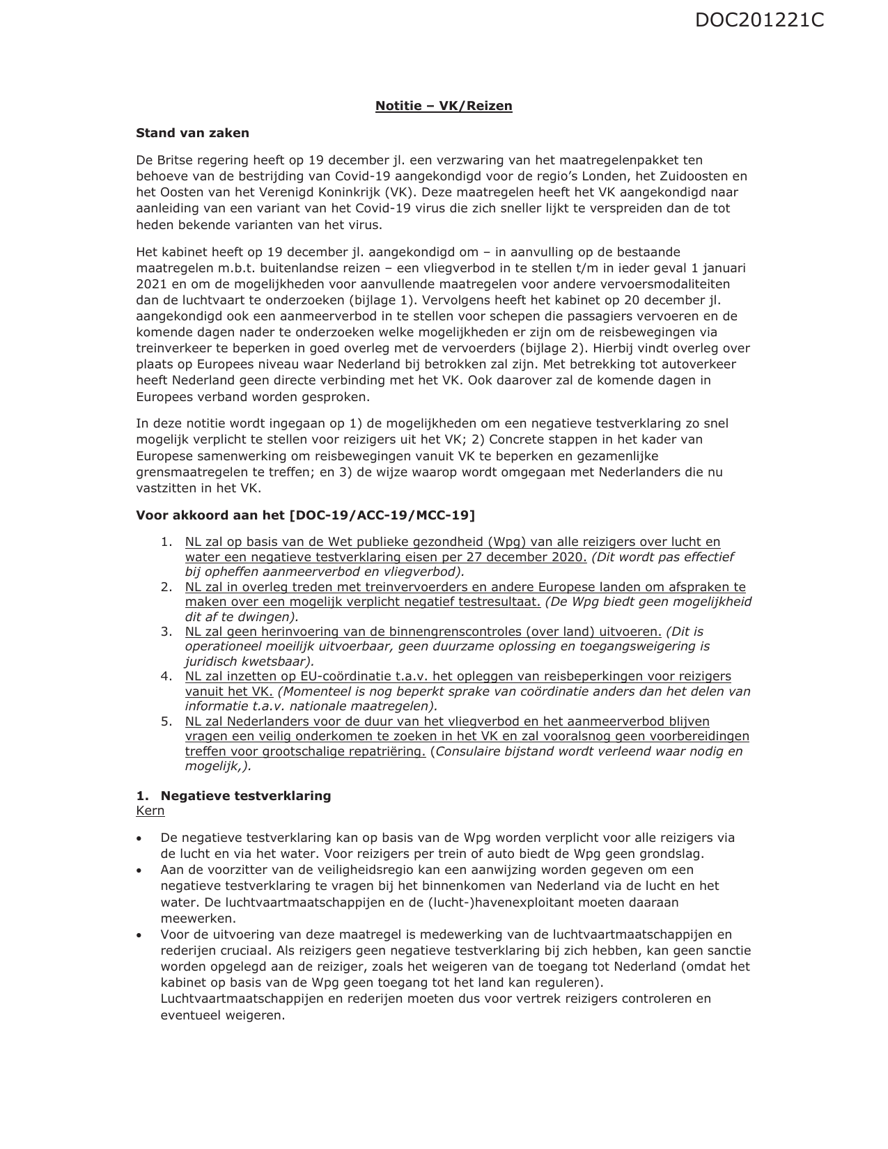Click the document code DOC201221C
(759, 20)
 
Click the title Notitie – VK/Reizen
(444, 106)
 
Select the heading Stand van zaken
(192, 133)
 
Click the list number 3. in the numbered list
(166, 632)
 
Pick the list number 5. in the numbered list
(166, 721)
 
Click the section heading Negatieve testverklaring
(246, 796)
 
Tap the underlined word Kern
(150, 811)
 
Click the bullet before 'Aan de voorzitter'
(140, 870)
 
